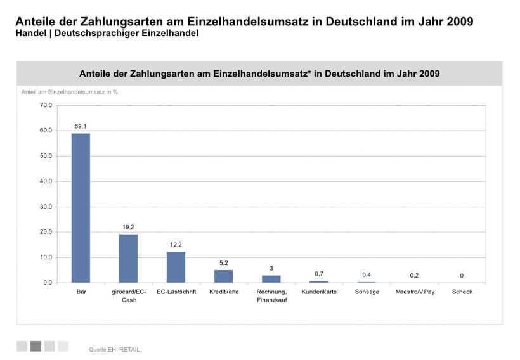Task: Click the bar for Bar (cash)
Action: coord(81,208)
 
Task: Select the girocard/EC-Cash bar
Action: coord(128,258)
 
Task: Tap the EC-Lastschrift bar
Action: coord(176,267)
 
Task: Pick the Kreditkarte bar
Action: coord(223,276)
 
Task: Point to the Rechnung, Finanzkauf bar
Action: coord(271,279)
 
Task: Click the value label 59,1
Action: coord(81,127)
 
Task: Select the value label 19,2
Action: coord(128,227)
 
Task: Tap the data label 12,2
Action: coord(176,245)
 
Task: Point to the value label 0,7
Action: coord(319,274)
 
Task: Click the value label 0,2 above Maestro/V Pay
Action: coord(414,275)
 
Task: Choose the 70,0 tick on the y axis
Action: coord(46,105)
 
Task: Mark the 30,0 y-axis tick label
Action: coord(46,207)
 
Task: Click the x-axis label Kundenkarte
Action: coord(319,292)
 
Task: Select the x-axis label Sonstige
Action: coord(367,292)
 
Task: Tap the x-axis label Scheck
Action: coord(462,292)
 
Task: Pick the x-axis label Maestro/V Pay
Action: coord(415,292)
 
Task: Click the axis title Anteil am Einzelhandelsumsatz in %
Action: coord(70,92)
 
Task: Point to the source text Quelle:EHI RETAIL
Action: coord(114,349)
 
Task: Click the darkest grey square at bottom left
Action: coord(36,346)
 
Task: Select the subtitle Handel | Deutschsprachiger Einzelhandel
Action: coord(107,33)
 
